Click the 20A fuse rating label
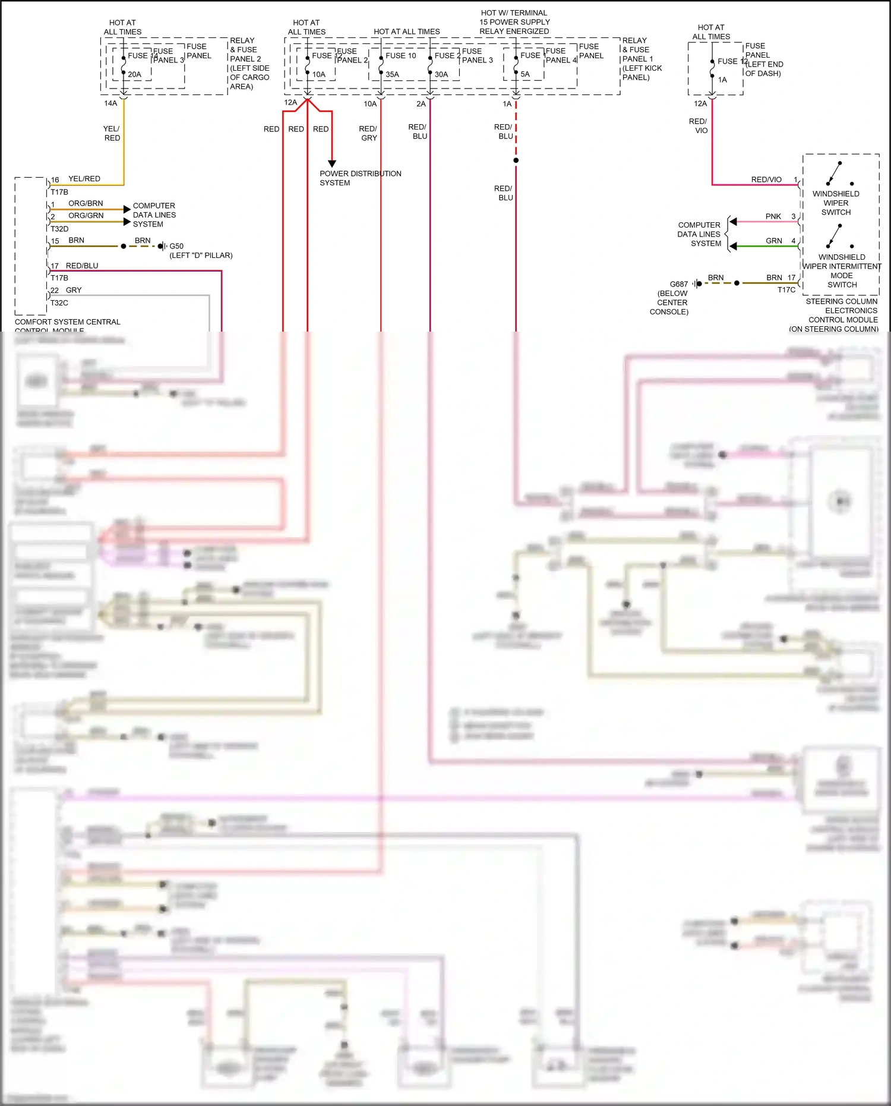[x=134, y=74]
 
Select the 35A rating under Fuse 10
[x=392, y=74]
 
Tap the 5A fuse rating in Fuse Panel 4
[x=525, y=74]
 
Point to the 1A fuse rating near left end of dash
[x=722, y=80]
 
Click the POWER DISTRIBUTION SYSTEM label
[x=360, y=178]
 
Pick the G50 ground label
[x=176, y=246]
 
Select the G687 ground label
[x=678, y=284]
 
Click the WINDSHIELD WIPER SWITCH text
[x=836, y=203]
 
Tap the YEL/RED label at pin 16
[x=84, y=179]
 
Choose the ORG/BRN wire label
[x=86, y=203]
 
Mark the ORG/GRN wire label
[x=86, y=216]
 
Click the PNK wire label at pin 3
[x=773, y=216]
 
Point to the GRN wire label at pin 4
[x=773, y=241]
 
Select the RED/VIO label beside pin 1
[x=766, y=179]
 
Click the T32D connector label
[x=59, y=229]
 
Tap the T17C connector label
[x=786, y=290]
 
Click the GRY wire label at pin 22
[x=74, y=290]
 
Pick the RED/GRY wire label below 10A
[x=368, y=133]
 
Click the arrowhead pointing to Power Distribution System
[x=332, y=163]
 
